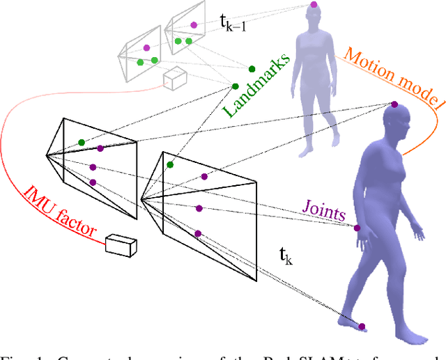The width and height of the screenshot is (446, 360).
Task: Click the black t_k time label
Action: [x=286, y=257]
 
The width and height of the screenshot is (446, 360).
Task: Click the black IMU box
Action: [x=121, y=245]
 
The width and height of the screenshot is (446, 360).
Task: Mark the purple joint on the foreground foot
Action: [x=362, y=324]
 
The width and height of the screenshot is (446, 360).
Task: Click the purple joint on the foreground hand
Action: [x=357, y=228]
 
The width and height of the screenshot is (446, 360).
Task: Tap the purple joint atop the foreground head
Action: [x=394, y=104]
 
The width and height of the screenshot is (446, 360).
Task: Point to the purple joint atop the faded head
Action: [x=314, y=5]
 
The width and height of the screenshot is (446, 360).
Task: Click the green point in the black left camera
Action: [x=82, y=143]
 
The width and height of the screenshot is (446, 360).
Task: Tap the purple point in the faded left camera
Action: [x=146, y=48]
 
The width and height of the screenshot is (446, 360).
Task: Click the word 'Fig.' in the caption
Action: [x=11, y=355]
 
